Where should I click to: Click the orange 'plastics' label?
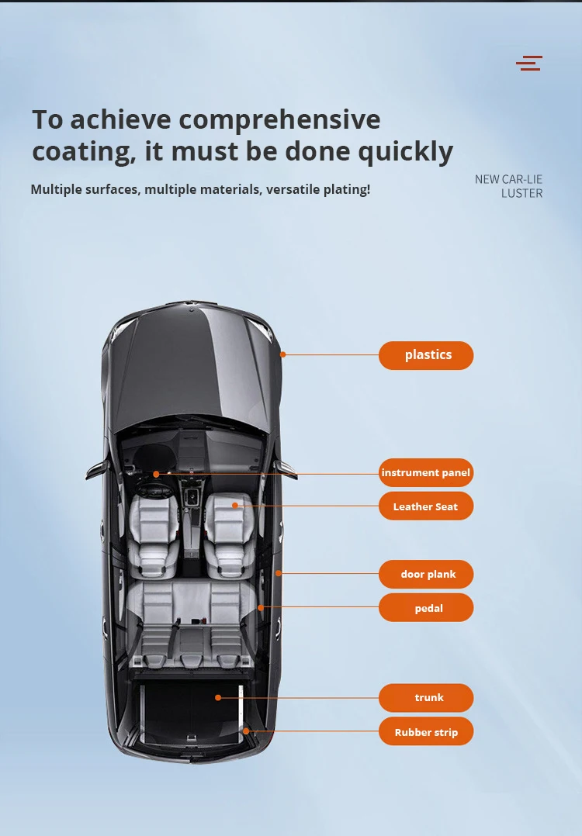tap(426, 355)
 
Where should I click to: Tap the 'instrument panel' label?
tap(426, 472)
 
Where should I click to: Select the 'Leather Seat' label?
tap(426, 506)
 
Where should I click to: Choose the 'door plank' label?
tap(426, 575)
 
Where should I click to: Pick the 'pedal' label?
tap(426, 608)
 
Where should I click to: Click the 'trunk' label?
tap(426, 698)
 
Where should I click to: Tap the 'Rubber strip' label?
tap(426, 732)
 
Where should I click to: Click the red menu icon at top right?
tap(529, 64)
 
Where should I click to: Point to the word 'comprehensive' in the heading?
tap(279, 120)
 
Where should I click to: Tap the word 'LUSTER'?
tap(521, 193)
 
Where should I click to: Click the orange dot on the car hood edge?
tap(283, 354)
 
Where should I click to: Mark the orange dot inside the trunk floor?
tap(218, 697)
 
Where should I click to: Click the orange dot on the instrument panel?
tap(156, 473)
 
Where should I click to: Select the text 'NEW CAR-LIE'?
tap(508, 179)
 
